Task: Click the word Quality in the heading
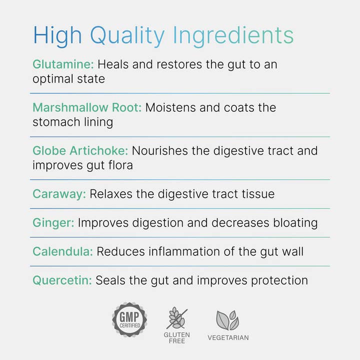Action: coord(127,36)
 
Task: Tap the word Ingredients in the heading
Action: coord(233,36)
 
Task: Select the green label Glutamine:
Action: coord(63,64)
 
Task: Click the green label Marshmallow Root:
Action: coord(87,107)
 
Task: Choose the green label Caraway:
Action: coord(59,193)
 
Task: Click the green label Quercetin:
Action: coord(62,280)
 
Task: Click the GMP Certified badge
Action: coord(129,319)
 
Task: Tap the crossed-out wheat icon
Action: coord(177,318)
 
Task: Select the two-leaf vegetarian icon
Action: coord(227,320)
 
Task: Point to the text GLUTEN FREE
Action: coord(177,337)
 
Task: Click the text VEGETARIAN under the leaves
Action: coord(228,337)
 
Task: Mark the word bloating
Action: coord(293,222)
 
